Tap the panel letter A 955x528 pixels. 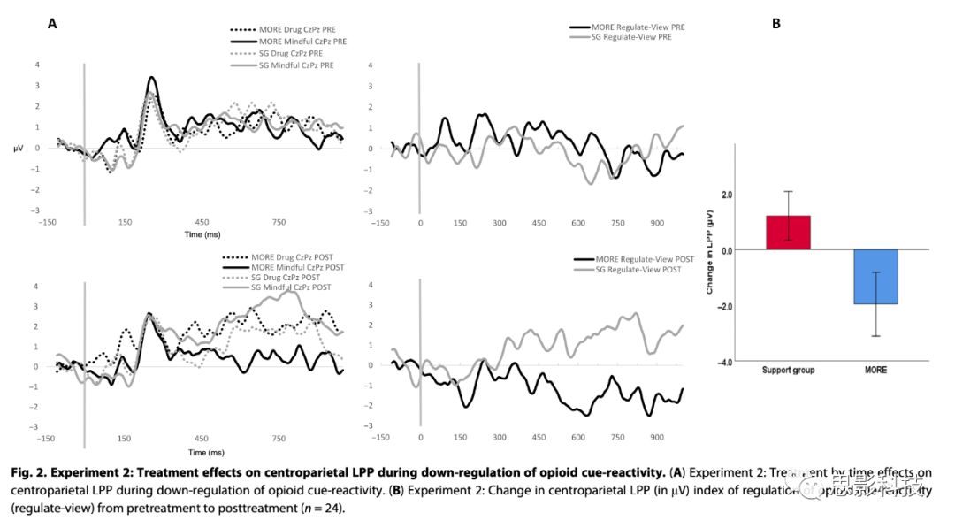click(52, 24)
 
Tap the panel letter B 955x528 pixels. click(775, 24)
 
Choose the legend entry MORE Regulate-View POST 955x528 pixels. click(646, 258)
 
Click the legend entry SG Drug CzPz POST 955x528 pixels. click(294, 277)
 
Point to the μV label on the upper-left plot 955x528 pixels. click(19, 148)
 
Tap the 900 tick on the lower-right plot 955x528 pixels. click(656, 438)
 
